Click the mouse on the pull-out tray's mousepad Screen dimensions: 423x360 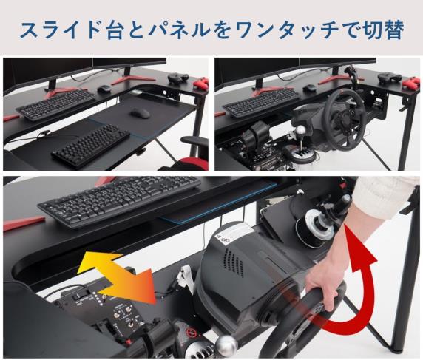click(141, 112)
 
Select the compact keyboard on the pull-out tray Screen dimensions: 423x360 click(91, 146)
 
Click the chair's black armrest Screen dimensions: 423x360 click(194, 141)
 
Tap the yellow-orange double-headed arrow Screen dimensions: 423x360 click(117, 278)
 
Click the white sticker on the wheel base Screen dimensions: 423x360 click(234, 232)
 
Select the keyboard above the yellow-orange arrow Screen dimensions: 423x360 click(120, 200)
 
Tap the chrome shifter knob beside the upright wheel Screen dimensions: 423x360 click(300, 132)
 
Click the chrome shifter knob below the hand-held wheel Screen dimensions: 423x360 click(226, 346)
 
